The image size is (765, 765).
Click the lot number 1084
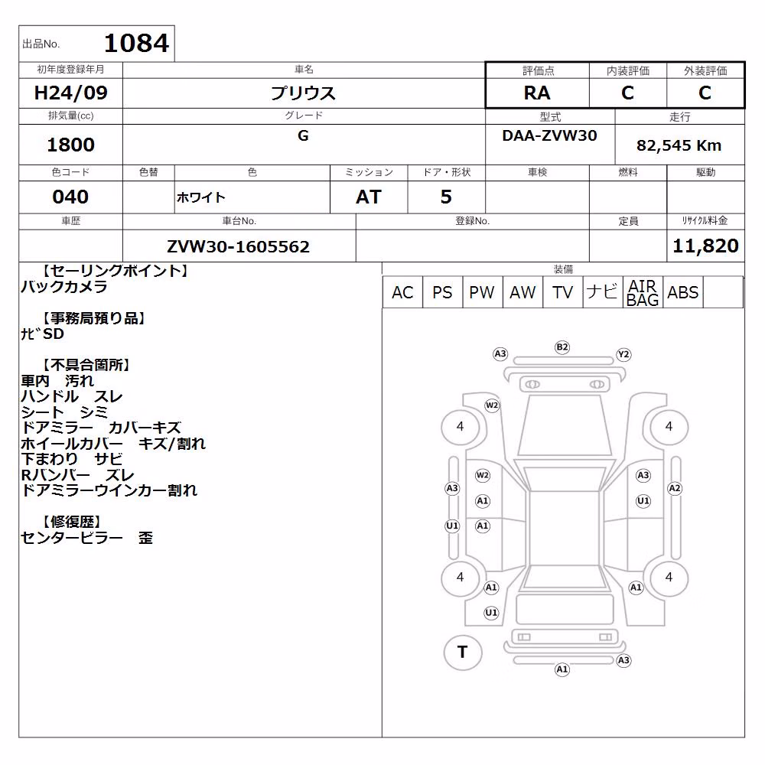[x=137, y=43]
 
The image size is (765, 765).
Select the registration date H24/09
[x=70, y=93]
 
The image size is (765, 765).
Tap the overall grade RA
[x=537, y=93]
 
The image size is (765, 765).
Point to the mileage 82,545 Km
[x=679, y=145]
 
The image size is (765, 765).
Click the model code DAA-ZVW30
[x=549, y=135]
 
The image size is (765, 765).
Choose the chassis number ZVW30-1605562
[x=238, y=246]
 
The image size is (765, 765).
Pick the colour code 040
[x=70, y=197]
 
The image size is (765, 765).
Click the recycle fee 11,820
[x=705, y=246]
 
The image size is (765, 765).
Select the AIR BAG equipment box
[x=643, y=292]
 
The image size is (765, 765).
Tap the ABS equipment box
[x=683, y=292]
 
